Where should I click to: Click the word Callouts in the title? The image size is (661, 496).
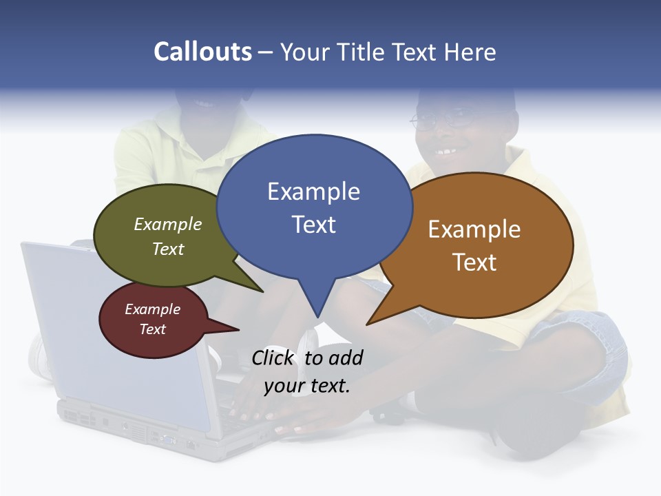(202, 52)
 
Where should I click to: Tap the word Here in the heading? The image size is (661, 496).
(470, 52)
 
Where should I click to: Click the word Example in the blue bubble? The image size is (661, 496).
(313, 192)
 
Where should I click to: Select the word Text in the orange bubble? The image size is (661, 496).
(474, 262)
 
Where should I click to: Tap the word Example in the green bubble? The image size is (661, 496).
(168, 224)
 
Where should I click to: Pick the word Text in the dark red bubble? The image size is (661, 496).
(153, 329)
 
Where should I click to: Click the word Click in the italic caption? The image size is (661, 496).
(273, 358)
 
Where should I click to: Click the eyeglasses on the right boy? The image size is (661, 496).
(441, 119)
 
